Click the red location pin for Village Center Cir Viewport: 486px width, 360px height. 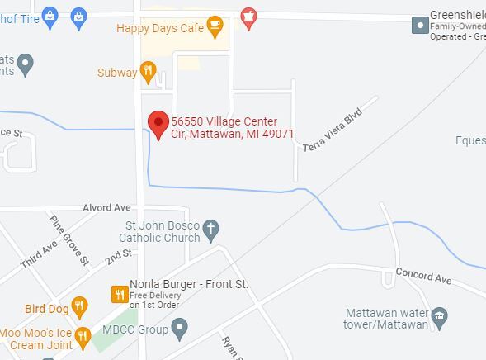point(158,124)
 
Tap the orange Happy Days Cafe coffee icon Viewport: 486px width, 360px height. point(215,27)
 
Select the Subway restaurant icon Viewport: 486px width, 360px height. point(149,73)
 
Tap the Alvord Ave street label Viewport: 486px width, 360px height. point(107,207)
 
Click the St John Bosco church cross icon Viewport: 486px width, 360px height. point(211,230)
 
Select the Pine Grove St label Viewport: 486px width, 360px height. point(69,240)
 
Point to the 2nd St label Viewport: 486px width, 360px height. point(118,258)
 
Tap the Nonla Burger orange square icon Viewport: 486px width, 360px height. point(120,292)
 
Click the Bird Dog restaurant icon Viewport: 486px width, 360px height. point(79,308)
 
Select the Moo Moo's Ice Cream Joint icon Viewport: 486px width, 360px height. point(83,336)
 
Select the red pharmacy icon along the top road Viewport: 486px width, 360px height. point(248,16)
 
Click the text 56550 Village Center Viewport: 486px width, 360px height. point(224,121)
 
